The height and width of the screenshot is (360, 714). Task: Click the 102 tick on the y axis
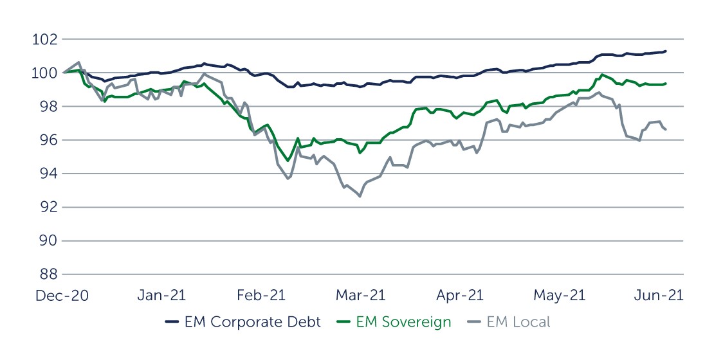(x=44, y=40)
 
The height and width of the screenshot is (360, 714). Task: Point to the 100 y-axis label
(x=44, y=73)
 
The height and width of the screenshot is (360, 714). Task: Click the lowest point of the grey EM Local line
(x=360, y=196)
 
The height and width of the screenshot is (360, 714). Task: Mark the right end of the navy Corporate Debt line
(x=665, y=51)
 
